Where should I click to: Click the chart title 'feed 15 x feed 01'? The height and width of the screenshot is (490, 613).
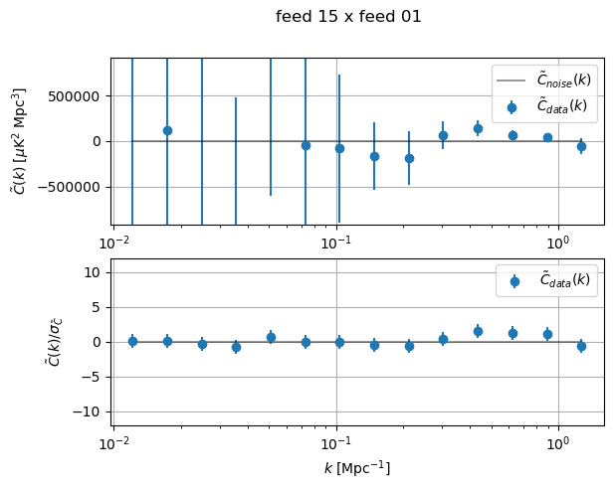pos(348,17)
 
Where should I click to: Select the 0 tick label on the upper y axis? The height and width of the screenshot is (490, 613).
pos(101,141)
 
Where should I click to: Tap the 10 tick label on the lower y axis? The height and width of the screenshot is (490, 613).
pos(98,272)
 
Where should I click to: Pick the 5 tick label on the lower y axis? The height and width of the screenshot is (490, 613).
pos(101,307)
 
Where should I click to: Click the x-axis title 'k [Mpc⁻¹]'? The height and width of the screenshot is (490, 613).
pos(356,467)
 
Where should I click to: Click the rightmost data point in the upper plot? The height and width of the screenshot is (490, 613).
pos(581,146)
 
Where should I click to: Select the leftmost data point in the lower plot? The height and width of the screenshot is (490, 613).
pos(132,341)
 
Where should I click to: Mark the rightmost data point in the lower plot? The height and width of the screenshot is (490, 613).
pos(581,346)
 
